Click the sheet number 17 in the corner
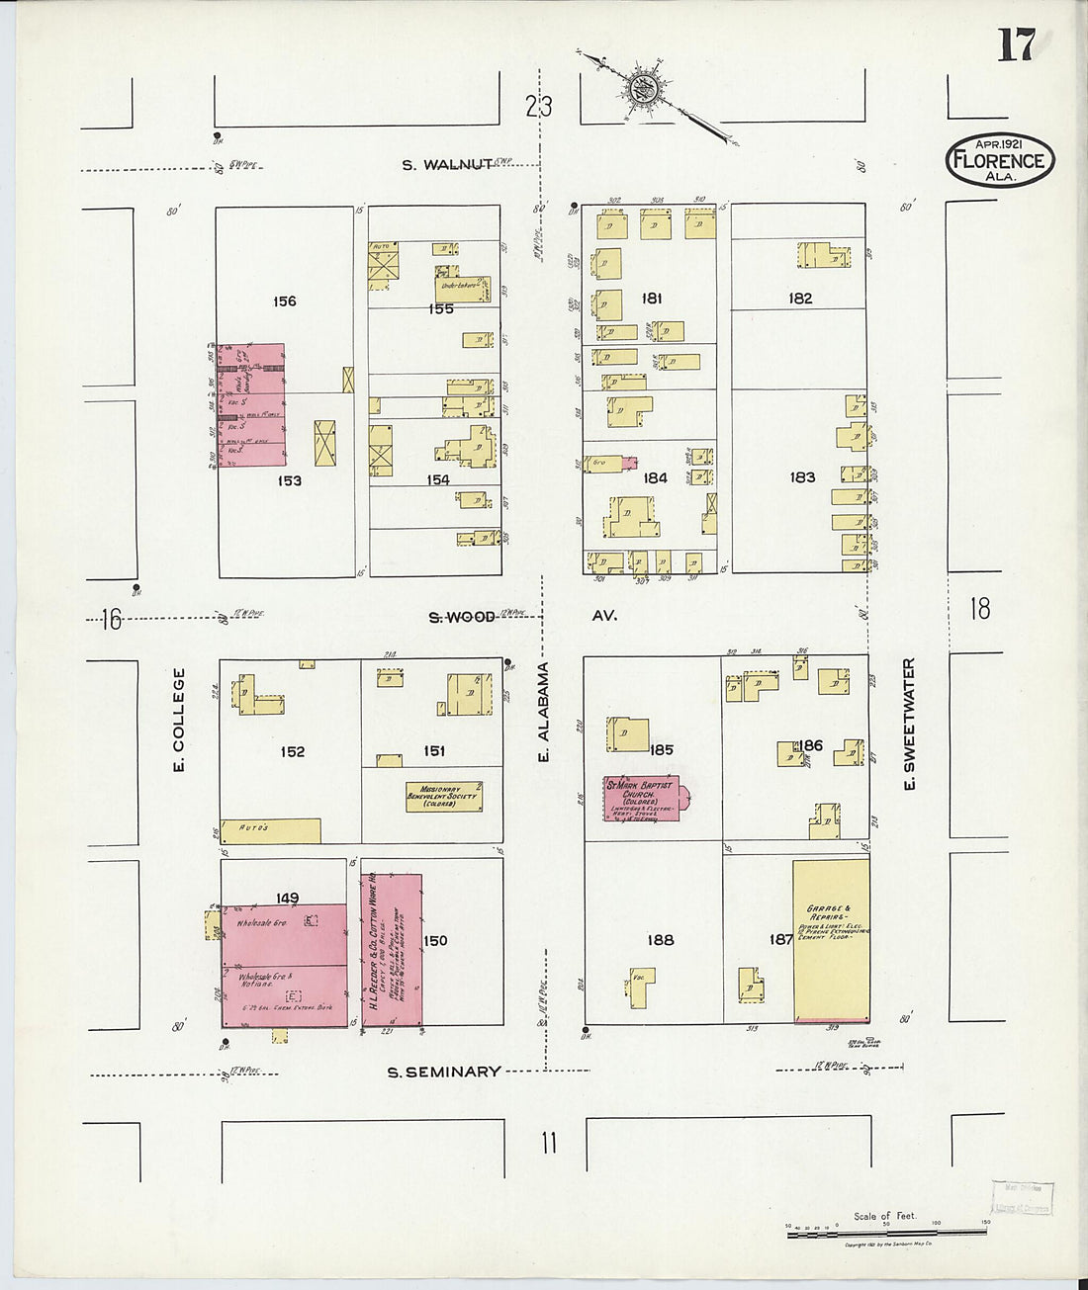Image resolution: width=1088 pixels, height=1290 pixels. tap(1015, 44)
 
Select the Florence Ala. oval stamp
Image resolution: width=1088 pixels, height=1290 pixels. tap(1000, 159)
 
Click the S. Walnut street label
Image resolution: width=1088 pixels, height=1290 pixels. tap(448, 165)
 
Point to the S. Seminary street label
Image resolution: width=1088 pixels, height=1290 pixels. tap(443, 1072)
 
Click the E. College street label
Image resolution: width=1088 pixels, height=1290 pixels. tap(180, 719)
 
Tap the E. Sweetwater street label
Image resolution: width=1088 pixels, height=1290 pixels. tap(909, 724)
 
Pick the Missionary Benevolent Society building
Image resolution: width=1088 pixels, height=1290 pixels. tap(444, 797)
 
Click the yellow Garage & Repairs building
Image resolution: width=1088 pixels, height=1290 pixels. tap(831, 939)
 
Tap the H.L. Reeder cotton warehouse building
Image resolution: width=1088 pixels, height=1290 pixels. tap(393, 949)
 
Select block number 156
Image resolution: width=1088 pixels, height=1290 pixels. tap(285, 301)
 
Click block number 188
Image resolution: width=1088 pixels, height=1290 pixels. tap(660, 940)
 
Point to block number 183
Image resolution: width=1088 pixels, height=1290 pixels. tap(801, 477)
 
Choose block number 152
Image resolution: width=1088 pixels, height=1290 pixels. tap(292, 751)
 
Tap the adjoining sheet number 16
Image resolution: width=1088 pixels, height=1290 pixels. tap(111, 620)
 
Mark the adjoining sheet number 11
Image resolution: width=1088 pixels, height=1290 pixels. tap(548, 1144)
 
